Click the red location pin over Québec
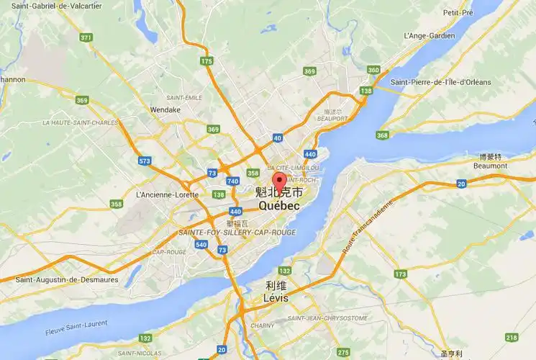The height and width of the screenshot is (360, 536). point(278,181)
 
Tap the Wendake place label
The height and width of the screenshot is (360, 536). point(165,110)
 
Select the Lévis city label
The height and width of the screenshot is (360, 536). point(275,297)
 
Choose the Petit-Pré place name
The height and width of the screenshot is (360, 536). point(478,13)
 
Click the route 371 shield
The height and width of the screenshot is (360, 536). point(86,37)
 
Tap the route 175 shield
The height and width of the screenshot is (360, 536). point(207,62)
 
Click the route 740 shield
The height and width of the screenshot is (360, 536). point(232,181)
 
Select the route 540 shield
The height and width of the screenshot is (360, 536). point(201,246)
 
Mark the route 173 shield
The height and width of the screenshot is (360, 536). point(400,274)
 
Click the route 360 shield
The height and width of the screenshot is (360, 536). point(373,70)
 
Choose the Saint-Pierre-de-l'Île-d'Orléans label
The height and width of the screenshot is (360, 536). point(440,82)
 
